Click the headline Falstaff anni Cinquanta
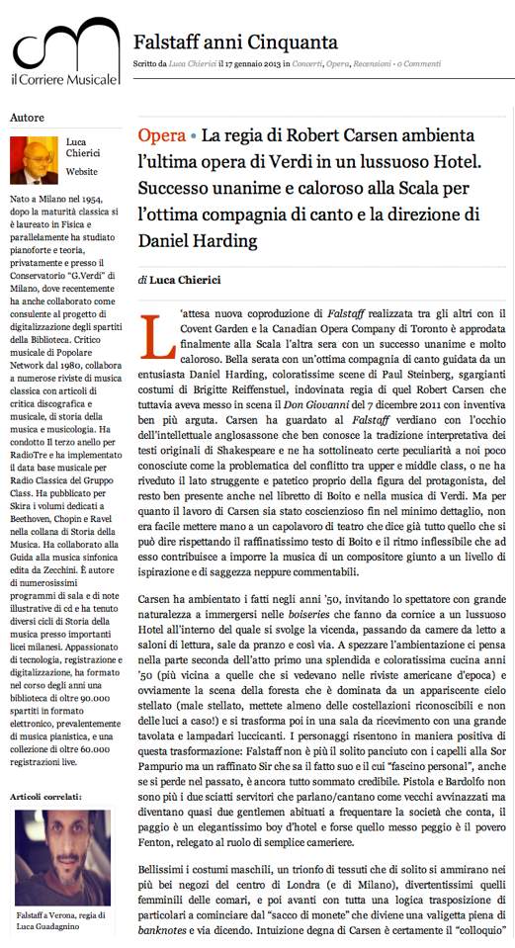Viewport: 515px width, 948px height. point(235,42)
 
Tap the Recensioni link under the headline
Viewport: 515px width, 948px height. point(371,65)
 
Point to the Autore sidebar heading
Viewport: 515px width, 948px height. point(27,118)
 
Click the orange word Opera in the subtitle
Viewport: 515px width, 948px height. point(161,135)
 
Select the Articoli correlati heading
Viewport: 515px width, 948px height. point(45,795)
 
